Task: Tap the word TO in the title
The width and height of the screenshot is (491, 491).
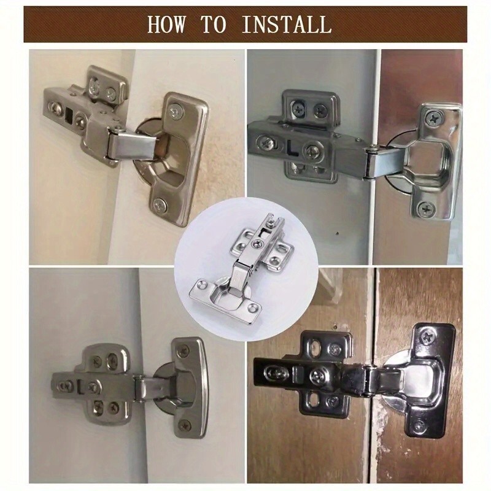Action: tap(214, 25)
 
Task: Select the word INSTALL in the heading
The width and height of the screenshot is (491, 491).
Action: tap(286, 25)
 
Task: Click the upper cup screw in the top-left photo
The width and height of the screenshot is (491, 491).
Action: tap(176, 112)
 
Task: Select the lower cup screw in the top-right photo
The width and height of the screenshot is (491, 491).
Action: tap(425, 208)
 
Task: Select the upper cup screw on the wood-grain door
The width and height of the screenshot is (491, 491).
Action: tap(427, 335)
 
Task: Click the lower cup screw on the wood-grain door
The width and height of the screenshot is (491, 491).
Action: tap(419, 426)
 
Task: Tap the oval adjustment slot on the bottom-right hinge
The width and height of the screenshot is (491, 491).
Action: tap(276, 373)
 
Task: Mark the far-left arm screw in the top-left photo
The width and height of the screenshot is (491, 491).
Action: tap(55, 110)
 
